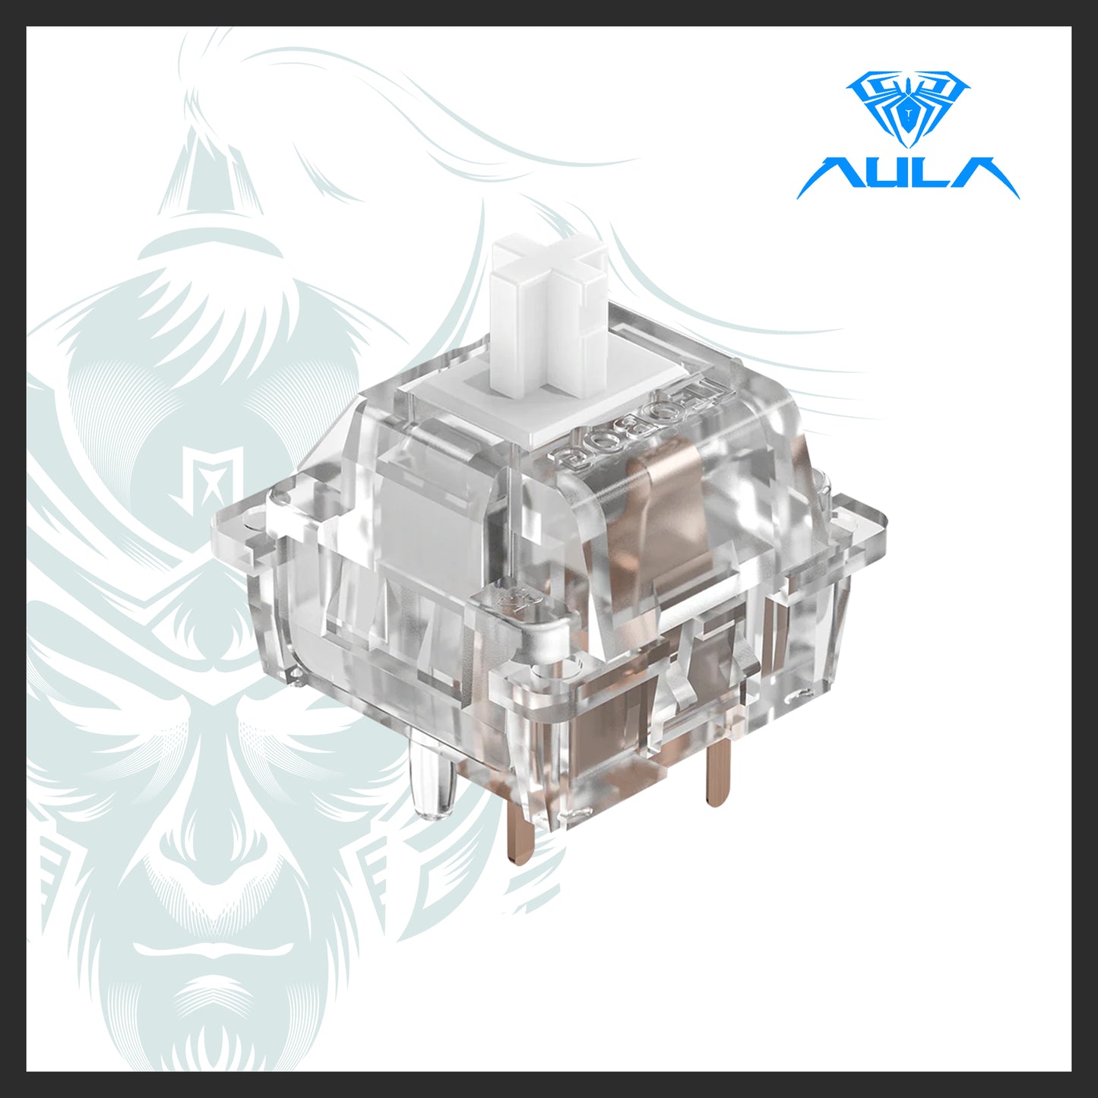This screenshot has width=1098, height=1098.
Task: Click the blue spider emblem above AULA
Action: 908,106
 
